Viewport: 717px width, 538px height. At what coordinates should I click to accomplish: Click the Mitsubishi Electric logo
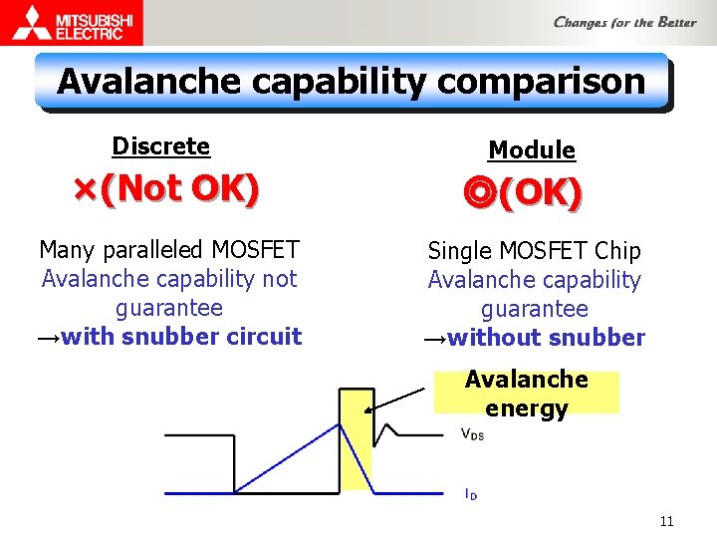[x=72, y=22]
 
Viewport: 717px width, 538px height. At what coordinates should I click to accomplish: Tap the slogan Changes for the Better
[x=624, y=22]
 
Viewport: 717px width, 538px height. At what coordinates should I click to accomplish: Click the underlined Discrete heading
[x=160, y=146]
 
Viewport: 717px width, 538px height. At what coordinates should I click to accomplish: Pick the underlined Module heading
[x=531, y=150]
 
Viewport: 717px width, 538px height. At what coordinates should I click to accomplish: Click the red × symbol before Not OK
[x=85, y=187]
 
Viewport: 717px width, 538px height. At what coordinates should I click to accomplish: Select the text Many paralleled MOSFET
[x=169, y=249]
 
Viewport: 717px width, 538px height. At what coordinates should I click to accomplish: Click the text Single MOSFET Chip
[x=534, y=251]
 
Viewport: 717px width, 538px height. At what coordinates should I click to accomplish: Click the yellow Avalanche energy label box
[x=526, y=393]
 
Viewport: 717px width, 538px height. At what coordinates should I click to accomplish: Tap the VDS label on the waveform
[x=471, y=434]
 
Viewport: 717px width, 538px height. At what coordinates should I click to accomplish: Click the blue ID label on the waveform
[x=470, y=493]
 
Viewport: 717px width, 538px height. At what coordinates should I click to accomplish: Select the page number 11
[x=666, y=521]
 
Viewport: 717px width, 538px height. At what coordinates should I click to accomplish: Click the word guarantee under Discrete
[x=169, y=308]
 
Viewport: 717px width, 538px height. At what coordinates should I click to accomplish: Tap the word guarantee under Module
[x=534, y=310]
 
